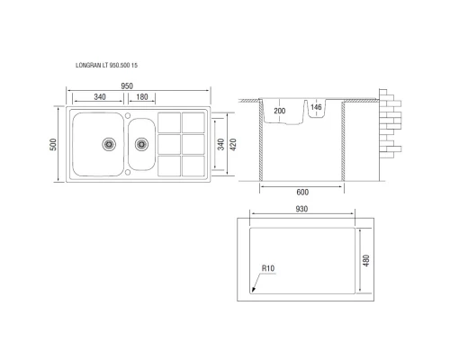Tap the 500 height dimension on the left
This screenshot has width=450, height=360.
[x=55, y=144]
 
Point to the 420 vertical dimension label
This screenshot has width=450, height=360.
[x=234, y=144]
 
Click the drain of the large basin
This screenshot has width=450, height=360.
[x=110, y=143]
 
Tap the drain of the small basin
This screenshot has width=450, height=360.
[x=140, y=143]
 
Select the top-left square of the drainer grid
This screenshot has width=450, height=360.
[x=168, y=121]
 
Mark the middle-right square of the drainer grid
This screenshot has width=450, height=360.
[x=193, y=144]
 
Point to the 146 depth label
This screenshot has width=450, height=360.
[x=315, y=108]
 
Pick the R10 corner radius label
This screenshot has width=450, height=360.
[x=267, y=267]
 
